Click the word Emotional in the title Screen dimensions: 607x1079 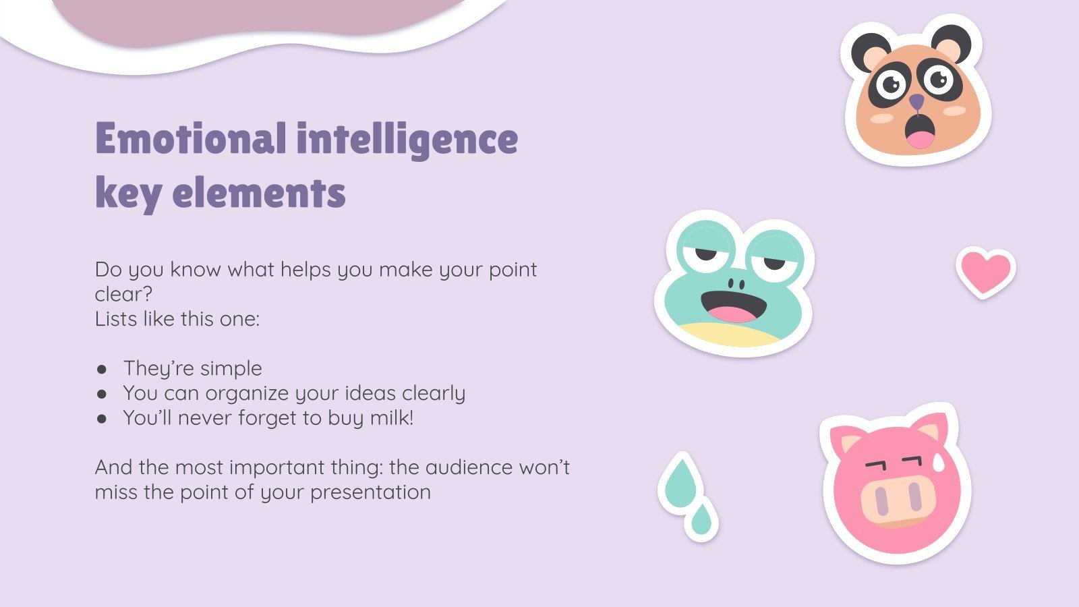[x=190, y=138]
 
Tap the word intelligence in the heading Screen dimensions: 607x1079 [x=407, y=138]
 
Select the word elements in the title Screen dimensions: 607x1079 [x=259, y=193]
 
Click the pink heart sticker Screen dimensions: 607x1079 [x=985, y=271]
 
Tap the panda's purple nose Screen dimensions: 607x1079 [x=916, y=102]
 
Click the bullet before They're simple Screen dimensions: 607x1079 [x=102, y=369]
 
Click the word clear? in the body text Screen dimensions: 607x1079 [x=123, y=294]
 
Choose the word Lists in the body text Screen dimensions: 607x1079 [x=116, y=319]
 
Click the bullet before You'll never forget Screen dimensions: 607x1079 [x=102, y=419]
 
